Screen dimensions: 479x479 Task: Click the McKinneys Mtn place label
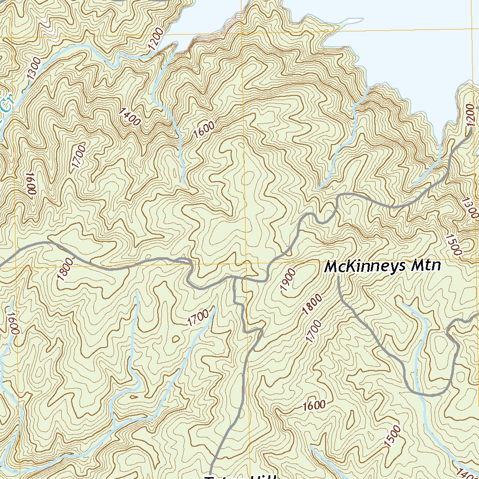(382, 267)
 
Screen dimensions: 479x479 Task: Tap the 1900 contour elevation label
(288, 280)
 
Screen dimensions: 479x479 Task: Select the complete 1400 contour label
(130, 117)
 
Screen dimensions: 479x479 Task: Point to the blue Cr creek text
(6, 104)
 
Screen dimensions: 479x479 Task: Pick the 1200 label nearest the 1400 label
(155, 39)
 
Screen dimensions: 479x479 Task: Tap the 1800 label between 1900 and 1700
(312, 304)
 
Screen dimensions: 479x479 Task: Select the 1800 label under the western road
(65, 269)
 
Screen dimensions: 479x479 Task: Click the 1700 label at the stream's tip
(198, 319)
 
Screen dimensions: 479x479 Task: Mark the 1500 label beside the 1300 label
(453, 245)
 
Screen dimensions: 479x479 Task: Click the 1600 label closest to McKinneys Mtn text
(314, 405)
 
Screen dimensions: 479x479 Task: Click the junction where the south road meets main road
(234, 279)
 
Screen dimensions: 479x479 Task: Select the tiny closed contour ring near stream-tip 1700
(176, 339)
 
